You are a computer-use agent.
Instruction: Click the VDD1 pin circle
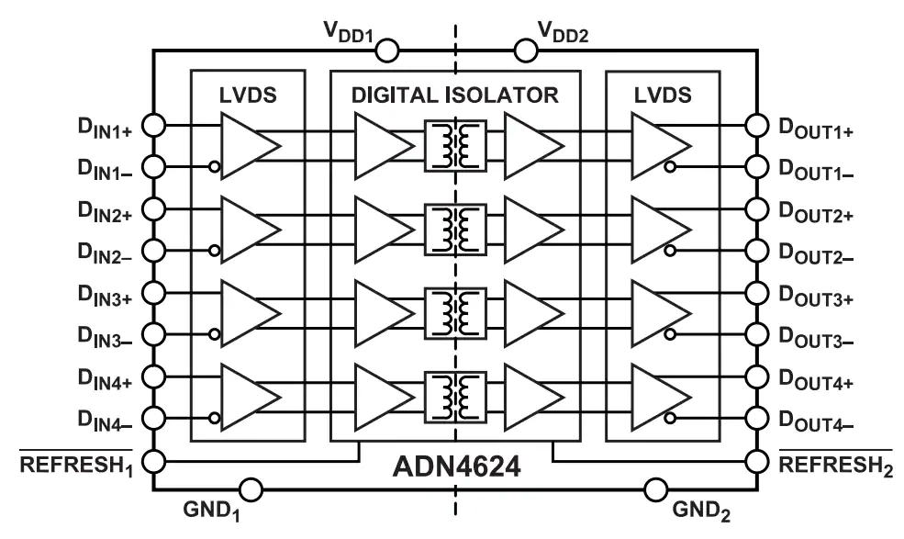[387, 51]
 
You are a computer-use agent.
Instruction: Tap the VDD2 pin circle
[525, 51]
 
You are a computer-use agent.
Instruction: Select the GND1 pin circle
[251, 490]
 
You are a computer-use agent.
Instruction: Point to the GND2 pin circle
[655, 490]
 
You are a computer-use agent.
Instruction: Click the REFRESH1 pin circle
[154, 462]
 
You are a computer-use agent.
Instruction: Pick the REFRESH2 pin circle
[757, 462]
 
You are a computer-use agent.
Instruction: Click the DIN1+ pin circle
[154, 125]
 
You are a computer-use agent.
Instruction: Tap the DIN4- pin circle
[154, 418]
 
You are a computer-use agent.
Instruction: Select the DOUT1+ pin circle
[757, 125]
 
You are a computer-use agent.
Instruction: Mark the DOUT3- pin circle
[757, 334]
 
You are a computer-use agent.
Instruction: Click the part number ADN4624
[457, 466]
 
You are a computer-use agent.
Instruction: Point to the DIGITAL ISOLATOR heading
[455, 95]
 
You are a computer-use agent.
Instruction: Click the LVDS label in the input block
[248, 95]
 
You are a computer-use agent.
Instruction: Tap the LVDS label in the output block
[663, 95]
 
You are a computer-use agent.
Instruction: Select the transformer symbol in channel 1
[455, 146]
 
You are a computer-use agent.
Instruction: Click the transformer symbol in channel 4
[455, 397]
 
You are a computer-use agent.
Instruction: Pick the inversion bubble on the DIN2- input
[215, 251]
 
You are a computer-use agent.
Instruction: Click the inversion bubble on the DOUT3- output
[670, 334]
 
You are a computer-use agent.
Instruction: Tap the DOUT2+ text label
[816, 212]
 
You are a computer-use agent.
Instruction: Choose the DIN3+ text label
[105, 296]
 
